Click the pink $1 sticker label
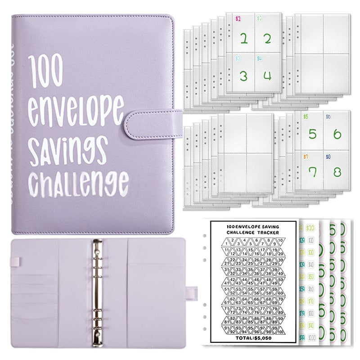point(238,19)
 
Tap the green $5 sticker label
point(306,116)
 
